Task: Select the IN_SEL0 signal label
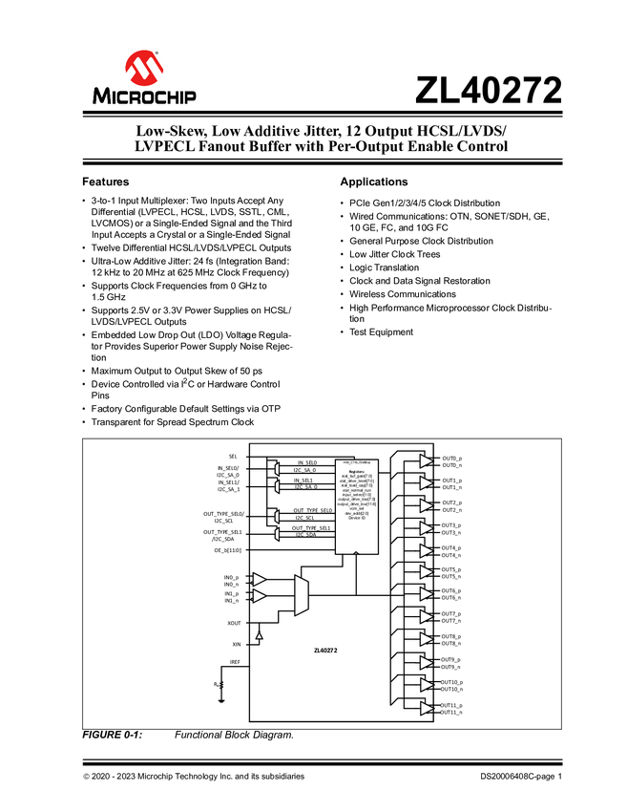pos(305,462)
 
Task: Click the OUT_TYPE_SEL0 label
pos(311,510)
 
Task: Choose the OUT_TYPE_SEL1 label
pos(311,527)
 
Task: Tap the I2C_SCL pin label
pos(304,518)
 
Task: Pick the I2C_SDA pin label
pos(305,535)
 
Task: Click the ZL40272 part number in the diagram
pos(325,650)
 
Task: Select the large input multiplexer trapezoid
pos(302,593)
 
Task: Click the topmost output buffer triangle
pos(426,460)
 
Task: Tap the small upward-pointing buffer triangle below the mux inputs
pos(259,633)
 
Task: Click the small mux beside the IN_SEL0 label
pos(276,467)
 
